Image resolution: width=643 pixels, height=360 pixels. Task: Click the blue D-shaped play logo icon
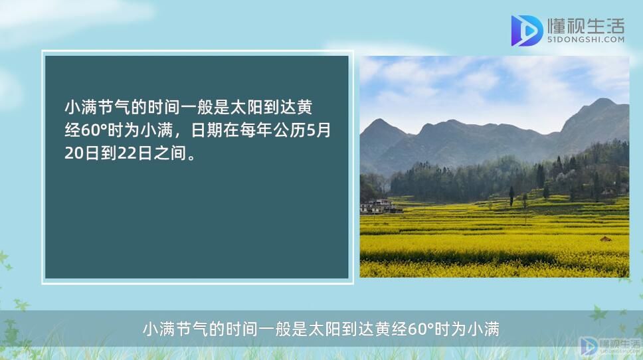[x=526, y=31]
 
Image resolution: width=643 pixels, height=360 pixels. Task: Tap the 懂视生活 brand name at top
[x=586, y=26]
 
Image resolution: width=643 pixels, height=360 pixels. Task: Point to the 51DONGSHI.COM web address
[x=586, y=40]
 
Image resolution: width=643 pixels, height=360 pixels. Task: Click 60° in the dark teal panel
[x=94, y=130]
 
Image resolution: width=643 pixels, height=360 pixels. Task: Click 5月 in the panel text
[x=319, y=130]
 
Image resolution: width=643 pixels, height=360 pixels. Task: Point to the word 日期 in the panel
[x=207, y=130]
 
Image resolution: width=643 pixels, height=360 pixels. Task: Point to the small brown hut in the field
[x=606, y=238]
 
